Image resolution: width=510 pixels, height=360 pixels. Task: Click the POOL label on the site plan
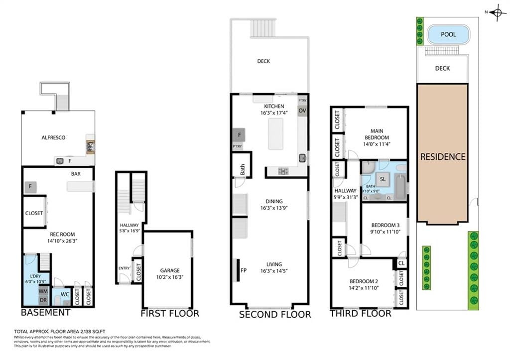pyautogui.click(x=448, y=35)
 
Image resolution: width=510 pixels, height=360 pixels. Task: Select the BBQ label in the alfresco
pyautogui.click(x=91, y=146)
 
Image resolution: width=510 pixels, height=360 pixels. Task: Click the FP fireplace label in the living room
pyautogui.click(x=244, y=271)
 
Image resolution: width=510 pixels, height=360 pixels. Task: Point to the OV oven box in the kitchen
pyautogui.click(x=302, y=111)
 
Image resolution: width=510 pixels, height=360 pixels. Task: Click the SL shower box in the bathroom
pyautogui.click(x=382, y=179)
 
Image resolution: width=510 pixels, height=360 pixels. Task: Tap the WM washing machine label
pyautogui.click(x=43, y=291)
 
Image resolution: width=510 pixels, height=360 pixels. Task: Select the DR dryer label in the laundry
pyautogui.click(x=43, y=300)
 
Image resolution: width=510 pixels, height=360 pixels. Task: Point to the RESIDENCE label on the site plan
pyautogui.click(x=442, y=156)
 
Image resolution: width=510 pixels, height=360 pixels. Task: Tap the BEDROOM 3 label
pyautogui.click(x=384, y=225)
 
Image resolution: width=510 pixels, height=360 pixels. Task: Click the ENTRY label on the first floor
pyautogui.click(x=124, y=268)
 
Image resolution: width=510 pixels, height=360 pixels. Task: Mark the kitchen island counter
pyautogui.click(x=275, y=133)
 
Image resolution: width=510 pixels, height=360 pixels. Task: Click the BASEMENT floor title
pyautogui.click(x=45, y=313)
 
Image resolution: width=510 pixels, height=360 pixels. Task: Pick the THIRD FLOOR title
pyautogui.click(x=360, y=314)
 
